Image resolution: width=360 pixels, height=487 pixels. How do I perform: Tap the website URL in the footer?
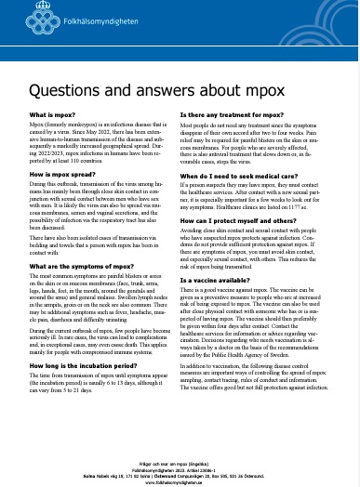point(180,457)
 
